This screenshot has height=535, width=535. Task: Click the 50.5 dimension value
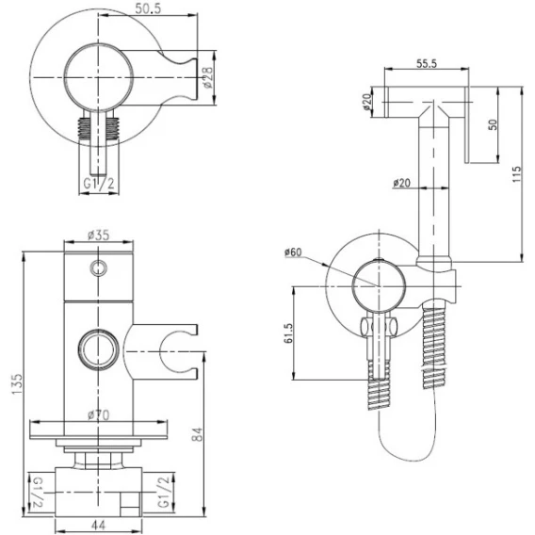coord(148,8)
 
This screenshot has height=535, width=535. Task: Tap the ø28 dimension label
coord(207,77)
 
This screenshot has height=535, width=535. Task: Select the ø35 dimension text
coord(98,235)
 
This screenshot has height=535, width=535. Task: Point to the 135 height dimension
coord(17,384)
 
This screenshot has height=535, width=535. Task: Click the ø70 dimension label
coord(99,414)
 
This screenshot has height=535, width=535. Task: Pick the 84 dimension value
coord(197,434)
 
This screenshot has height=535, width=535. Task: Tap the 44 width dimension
coord(98,525)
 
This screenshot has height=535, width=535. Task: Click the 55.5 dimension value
coord(427,63)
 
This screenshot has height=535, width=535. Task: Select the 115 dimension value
coord(517,174)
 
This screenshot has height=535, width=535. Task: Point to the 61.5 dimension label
coord(288,333)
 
